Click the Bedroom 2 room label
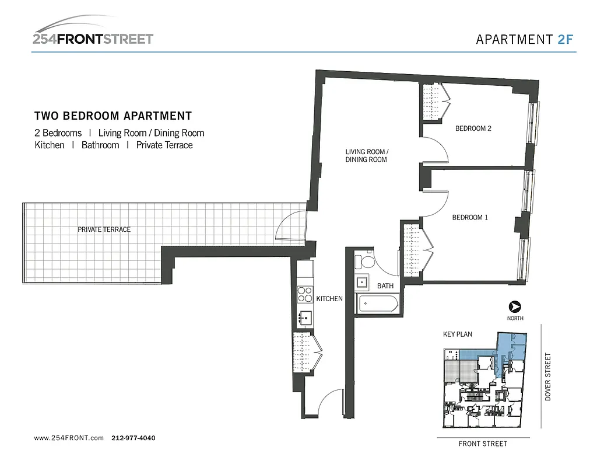(473, 128)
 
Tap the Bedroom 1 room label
(470, 217)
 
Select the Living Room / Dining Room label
(366, 155)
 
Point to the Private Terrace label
(104, 229)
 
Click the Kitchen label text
(329, 298)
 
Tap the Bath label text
(385, 286)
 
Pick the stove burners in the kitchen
(305, 294)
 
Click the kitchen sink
(304, 318)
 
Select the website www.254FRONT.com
(69, 438)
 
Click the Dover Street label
(547, 377)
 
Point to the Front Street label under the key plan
(483, 444)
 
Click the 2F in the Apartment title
(566, 40)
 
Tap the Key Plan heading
(458, 334)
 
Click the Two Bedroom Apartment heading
(113, 116)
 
